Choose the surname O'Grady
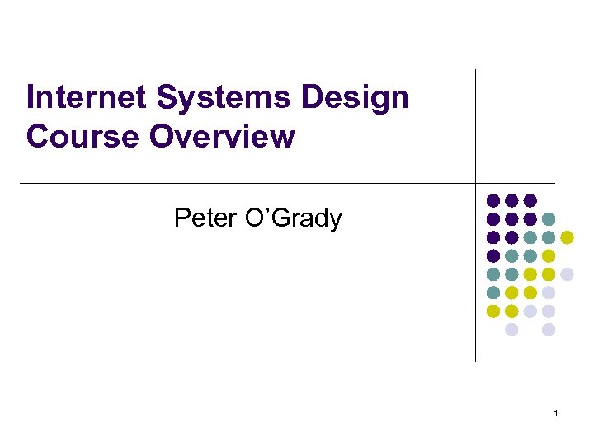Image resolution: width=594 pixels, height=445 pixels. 296,218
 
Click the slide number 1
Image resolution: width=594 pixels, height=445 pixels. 557,413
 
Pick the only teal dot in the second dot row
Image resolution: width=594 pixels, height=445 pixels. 549,218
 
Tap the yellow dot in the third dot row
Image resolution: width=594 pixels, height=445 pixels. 567,237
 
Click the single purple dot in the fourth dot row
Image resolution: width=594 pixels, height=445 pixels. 493,255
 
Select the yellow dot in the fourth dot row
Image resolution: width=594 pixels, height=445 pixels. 549,255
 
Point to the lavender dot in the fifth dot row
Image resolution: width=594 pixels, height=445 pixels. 567,274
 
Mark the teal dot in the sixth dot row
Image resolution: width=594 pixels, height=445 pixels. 493,293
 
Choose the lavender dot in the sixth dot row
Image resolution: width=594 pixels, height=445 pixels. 549,293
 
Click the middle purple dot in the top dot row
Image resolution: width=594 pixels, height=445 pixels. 511,200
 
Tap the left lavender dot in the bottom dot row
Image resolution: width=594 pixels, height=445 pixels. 511,330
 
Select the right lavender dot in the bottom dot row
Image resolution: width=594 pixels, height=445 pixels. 549,330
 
